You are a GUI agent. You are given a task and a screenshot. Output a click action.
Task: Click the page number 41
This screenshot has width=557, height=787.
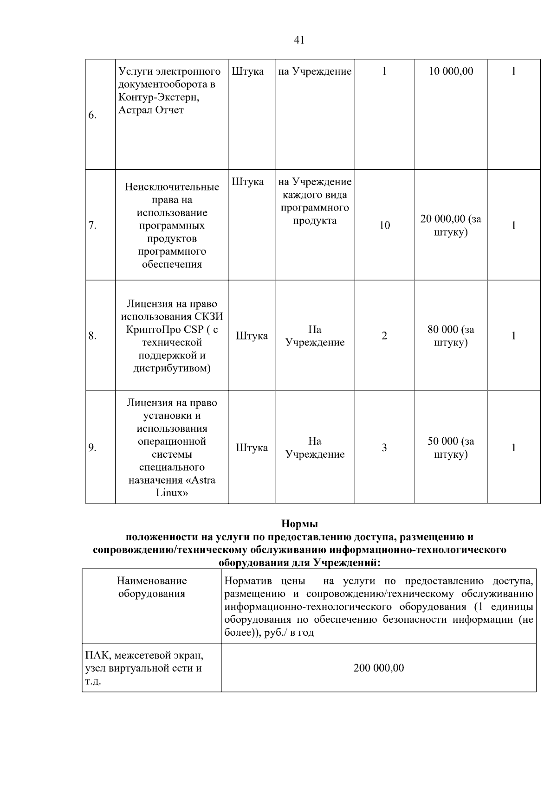point(299,40)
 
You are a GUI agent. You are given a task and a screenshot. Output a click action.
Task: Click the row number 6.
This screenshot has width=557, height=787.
point(92,115)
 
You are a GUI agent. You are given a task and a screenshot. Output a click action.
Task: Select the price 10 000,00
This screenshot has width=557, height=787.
point(451,71)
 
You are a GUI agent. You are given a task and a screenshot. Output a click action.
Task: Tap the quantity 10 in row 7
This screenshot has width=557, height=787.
point(384,226)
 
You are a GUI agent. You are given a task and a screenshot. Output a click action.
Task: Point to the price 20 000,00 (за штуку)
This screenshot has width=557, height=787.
point(451,225)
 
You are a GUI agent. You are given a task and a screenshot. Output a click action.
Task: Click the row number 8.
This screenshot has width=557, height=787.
point(92,336)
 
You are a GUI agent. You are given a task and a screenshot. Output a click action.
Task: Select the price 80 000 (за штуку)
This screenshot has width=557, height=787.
point(451,336)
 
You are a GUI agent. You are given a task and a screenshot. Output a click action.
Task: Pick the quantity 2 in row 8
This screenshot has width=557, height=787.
point(384,336)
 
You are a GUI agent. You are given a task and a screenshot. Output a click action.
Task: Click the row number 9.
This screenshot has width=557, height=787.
point(92,448)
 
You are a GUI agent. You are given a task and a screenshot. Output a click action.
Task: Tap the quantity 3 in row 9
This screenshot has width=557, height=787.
point(384,448)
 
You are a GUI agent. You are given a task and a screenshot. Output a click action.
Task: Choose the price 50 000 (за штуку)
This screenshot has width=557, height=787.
point(451,448)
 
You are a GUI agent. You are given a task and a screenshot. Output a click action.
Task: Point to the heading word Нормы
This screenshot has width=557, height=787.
point(299,525)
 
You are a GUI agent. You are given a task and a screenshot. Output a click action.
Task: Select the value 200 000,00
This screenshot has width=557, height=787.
point(379,668)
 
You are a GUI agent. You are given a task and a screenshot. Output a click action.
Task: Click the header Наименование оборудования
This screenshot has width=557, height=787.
point(152,587)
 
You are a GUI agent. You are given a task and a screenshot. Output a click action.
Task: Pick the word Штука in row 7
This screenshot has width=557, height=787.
point(247,182)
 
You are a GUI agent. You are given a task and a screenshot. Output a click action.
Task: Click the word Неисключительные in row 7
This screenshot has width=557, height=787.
point(172,187)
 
